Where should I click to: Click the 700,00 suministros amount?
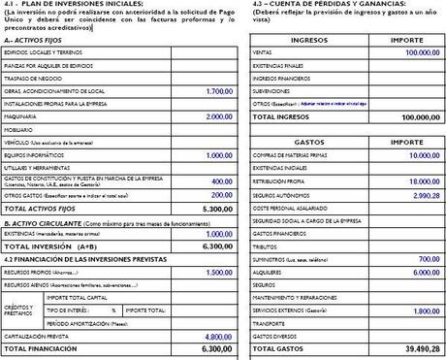tap(429, 259)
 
